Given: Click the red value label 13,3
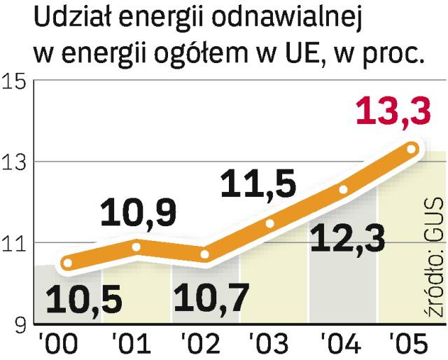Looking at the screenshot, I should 393,113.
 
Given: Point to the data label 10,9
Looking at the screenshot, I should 138,214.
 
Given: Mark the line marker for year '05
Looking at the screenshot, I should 412,148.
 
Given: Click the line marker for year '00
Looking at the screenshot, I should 66,263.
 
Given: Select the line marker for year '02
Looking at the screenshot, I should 205,255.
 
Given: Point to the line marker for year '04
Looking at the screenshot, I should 343,189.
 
